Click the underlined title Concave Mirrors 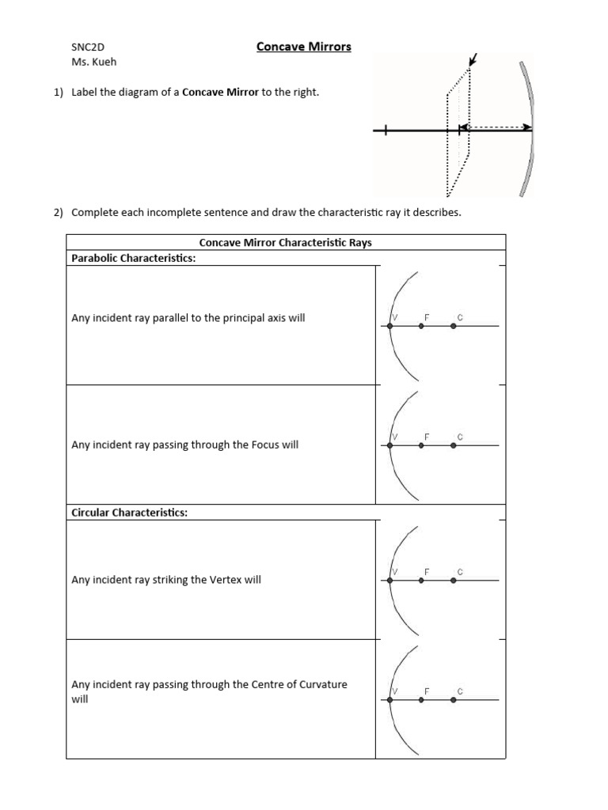[303, 47]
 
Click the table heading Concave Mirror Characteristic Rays [285, 243]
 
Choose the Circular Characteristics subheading [129, 513]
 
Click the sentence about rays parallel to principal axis [188, 318]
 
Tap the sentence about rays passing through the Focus [185, 445]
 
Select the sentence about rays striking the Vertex [166, 580]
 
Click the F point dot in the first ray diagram [421, 326]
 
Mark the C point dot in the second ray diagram [453, 445]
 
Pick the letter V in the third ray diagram [394, 571]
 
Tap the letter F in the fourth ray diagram [426, 691]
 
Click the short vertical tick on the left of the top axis [386, 131]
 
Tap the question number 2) [58, 213]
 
